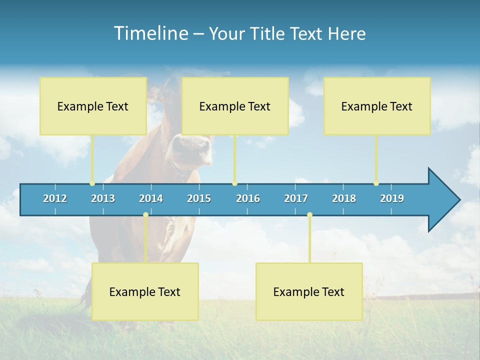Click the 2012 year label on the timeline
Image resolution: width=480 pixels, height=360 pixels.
click(x=55, y=198)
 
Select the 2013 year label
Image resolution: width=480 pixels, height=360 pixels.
click(x=103, y=198)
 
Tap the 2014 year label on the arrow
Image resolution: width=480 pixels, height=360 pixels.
click(x=151, y=198)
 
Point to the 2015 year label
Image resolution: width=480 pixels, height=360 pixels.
click(x=199, y=198)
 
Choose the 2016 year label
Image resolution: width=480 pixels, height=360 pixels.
click(x=248, y=198)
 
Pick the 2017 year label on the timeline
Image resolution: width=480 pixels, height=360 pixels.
click(x=296, y=198)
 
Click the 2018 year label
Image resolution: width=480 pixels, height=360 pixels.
click(x=344, y=198)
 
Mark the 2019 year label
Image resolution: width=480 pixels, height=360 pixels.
click(x=392, y=198)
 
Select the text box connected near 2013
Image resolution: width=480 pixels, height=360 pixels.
click(x=93, y=106)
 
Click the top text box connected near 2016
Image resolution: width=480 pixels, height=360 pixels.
click(x=235, y=106)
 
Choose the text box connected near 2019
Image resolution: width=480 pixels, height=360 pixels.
click(x=377, y=106)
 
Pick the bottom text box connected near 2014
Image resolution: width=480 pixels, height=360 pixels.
click(x=145, y=291)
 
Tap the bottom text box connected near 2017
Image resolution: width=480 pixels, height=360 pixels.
click(x=309, y=291)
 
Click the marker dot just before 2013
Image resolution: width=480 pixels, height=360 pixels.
click(x=92, y=183)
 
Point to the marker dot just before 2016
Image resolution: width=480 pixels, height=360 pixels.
click(x=234, y=183)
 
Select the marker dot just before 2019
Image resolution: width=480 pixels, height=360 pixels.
click(x=376, y=183)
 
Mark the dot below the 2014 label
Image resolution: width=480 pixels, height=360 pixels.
click(x=145, y=215)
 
